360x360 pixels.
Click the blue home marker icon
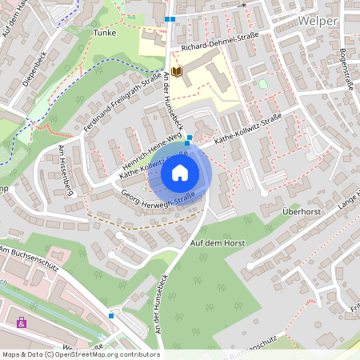180,172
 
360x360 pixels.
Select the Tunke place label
104,33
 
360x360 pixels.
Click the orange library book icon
177,73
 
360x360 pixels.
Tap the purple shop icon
21,323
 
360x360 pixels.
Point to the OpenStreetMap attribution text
81,354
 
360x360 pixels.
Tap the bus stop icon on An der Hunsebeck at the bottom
111,316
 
